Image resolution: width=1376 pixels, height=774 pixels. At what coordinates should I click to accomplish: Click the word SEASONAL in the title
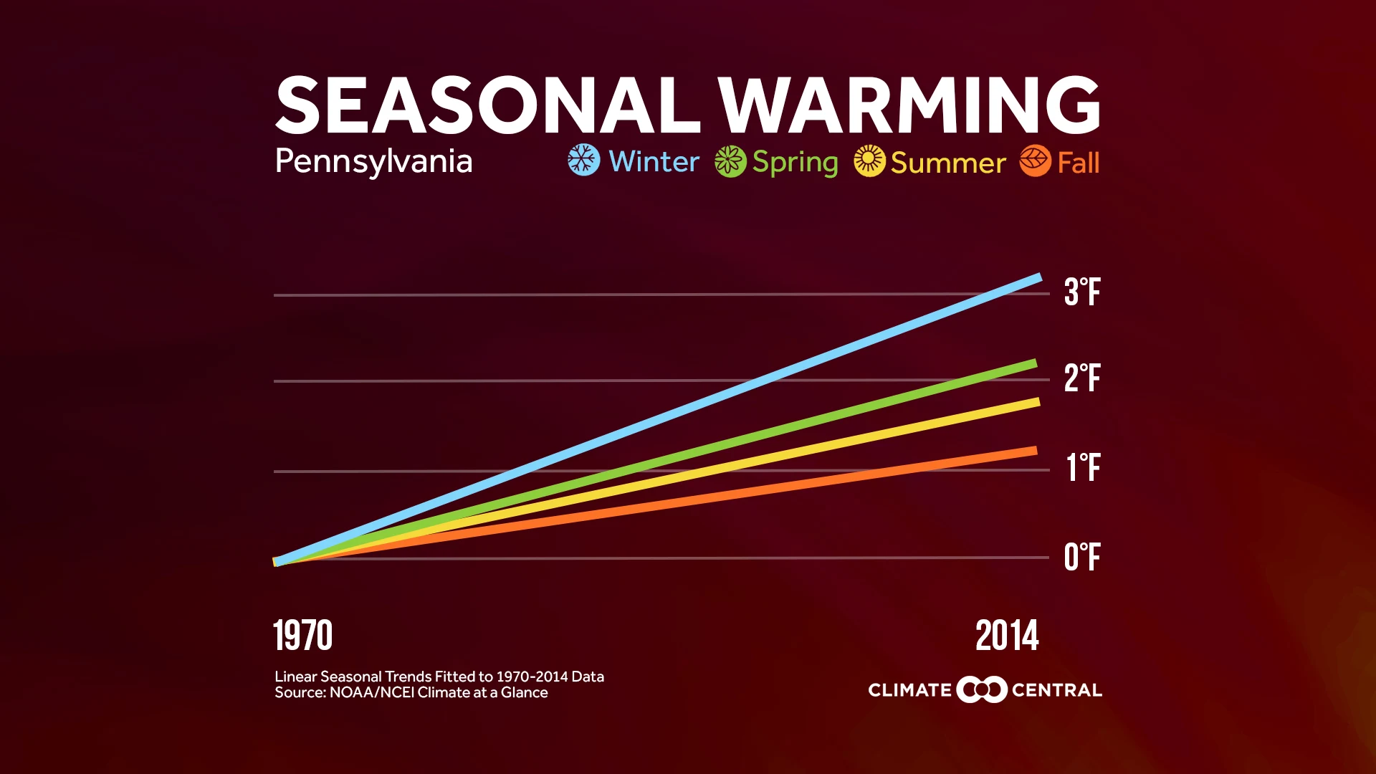(487, 106)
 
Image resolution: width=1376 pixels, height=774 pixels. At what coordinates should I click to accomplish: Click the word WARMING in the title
(909, 106)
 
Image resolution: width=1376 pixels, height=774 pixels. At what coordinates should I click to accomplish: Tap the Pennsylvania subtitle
(373, 162)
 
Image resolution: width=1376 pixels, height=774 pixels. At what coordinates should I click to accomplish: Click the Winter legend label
(654, 162)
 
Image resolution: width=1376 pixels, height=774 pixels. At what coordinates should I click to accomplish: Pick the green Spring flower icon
(730, 161)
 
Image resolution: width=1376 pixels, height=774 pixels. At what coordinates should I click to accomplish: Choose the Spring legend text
(795, 163)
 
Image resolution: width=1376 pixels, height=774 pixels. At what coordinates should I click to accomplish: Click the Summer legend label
(948, 163)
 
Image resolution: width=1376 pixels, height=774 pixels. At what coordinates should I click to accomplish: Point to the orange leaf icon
(1035, 161)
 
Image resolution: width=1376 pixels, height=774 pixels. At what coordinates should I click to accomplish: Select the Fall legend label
(1078, 163)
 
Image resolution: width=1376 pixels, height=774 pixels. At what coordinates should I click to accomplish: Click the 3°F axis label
(1081, 292)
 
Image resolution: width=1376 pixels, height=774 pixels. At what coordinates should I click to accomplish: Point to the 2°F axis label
(1081, 378)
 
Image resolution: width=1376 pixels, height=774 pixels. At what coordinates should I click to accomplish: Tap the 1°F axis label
(1082, 467)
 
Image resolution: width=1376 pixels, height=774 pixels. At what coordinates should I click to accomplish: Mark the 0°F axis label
(1081, 557)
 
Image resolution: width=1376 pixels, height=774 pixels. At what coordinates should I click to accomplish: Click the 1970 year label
(303, 636)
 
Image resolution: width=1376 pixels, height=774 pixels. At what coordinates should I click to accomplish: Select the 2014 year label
(1007, 636)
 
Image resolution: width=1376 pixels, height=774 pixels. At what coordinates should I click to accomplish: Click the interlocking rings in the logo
(982, 689)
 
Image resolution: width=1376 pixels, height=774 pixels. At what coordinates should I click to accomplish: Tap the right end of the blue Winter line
(1037, 278)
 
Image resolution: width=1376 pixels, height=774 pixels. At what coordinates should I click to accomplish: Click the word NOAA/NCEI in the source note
(372, 693)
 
